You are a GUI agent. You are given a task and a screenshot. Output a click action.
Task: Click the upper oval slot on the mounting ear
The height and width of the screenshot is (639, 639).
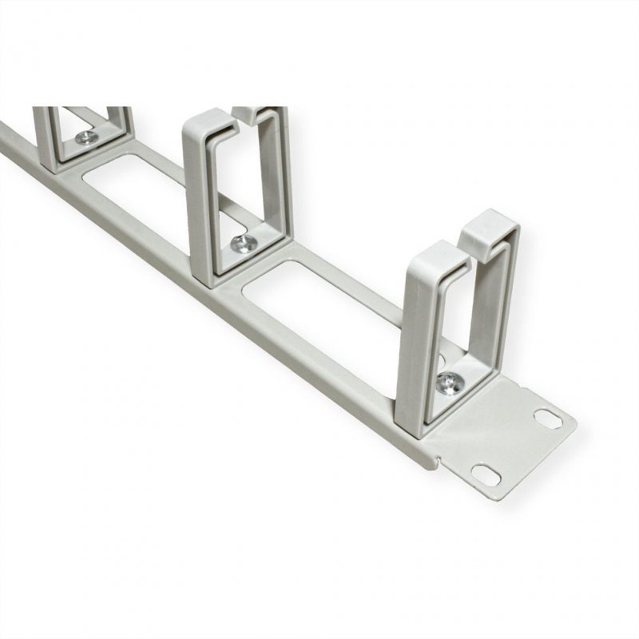click(x=548, y=417)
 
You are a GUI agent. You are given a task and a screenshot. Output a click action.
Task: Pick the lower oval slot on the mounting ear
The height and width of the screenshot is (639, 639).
click(x=484, y=473)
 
